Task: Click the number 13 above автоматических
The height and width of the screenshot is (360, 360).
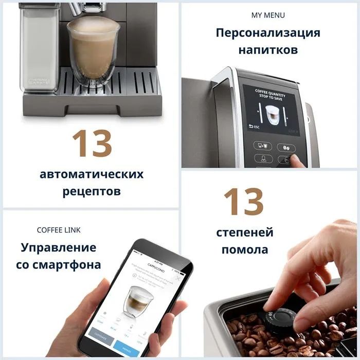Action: click(x=92, y=143)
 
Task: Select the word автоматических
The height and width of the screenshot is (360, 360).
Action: click(x=92, y=174)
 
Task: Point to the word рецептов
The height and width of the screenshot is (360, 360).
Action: click(x=92, y=191)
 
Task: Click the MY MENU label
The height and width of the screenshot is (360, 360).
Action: click(x=267, y=15)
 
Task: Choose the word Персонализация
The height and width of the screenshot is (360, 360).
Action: click(x=267, y=33)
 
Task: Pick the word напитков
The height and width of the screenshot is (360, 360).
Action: click(x=267, y=50)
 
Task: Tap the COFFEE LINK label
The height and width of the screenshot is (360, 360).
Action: click(x=59, y=230)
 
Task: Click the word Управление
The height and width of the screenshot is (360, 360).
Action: click(x=59, y=247)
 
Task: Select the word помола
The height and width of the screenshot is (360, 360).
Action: click(x=245, y=250)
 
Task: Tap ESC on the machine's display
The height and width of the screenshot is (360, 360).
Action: click(x=254, y=126)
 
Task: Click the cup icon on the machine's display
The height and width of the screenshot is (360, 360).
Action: click(x=273, y=114)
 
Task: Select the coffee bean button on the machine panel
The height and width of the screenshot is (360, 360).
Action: click(x=286, y=148)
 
